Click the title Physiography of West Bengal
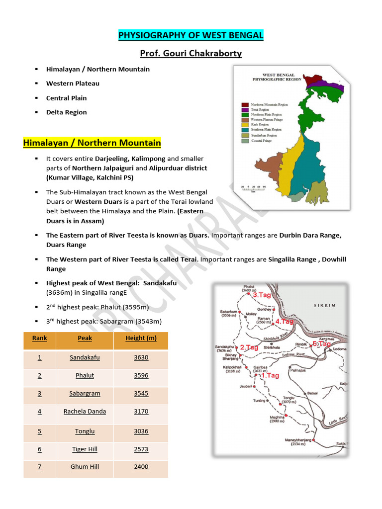point(191,35)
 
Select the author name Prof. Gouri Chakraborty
point(191,53)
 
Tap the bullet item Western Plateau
point(73,84)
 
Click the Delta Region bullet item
point(66,112)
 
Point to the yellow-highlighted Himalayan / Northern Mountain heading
point(92,143)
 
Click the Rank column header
point(40,338)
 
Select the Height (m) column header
point(141,338)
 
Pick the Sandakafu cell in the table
point(85,357)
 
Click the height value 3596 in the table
point(141,376)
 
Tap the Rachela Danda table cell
point(85,412)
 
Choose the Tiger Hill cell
point(85,449)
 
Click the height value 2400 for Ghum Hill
point(141,467)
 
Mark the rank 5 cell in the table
point(40,431)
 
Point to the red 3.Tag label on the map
point(261,295)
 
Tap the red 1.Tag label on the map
point(270,376)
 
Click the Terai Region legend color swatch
point(245,109)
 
